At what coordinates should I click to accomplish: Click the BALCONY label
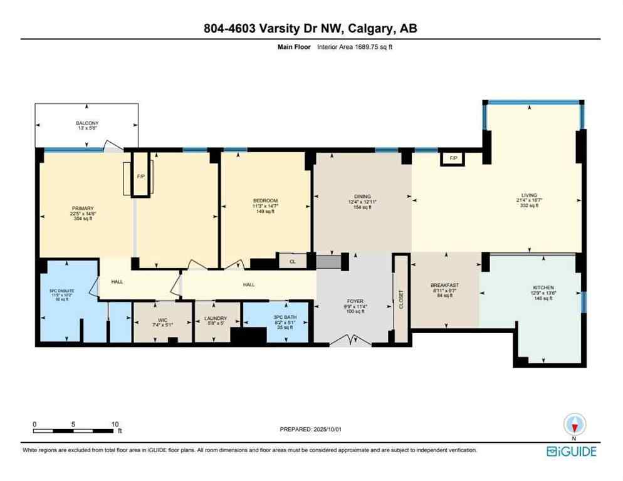(88, 123)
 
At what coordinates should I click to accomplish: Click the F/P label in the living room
(453, 159)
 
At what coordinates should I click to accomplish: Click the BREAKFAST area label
(446, 285)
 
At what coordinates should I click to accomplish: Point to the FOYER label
(356, 301)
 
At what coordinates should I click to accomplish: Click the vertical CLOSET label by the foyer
(401, 299)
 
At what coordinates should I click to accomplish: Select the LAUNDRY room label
(216, 318)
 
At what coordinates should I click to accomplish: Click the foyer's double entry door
(352, 341)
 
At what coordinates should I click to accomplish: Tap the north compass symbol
(573, 425)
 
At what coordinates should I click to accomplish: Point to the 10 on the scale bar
(115, 423)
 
